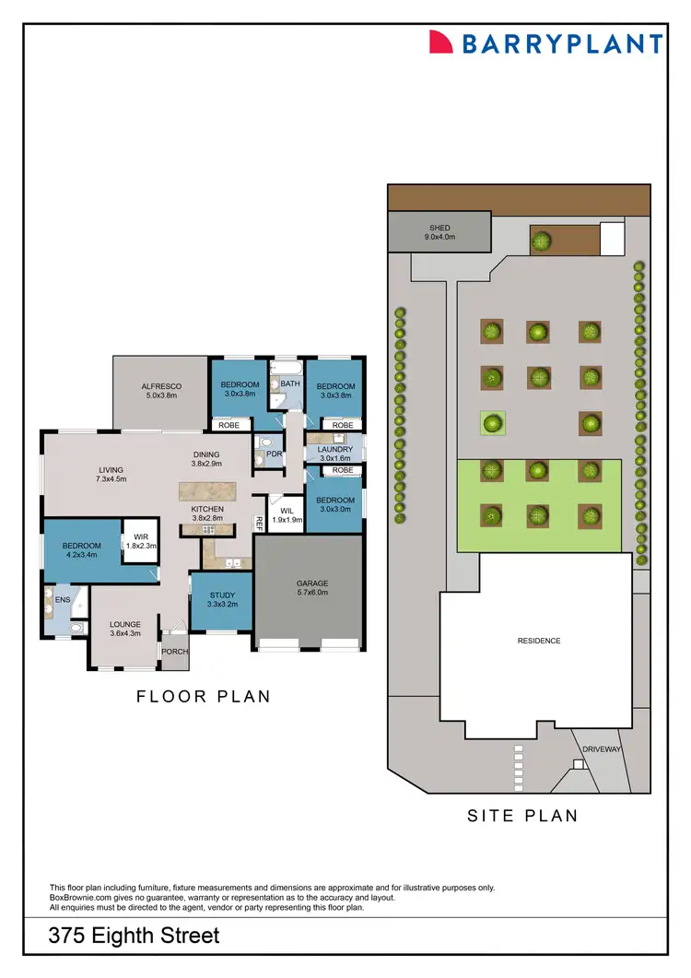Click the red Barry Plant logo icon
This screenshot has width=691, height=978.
pos(441,42)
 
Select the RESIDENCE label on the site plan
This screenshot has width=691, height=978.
pos(539,641)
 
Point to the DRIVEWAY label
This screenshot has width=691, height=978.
pos(602,749)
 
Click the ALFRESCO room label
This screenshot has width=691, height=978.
pos(160,385)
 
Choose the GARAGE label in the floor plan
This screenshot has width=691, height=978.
pos(312,583)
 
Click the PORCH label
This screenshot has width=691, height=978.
pos(174,652)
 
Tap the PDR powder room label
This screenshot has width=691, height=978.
pos(273,454)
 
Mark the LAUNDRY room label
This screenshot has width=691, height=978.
pos(336,449)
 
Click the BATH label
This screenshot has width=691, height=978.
pos(290,383)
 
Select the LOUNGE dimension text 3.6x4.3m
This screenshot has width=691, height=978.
pos(125,633)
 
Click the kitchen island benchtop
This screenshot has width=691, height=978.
pos(207,490)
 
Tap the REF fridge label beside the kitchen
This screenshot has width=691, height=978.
pos(260,523)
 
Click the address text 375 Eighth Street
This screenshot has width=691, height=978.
pos(135,937)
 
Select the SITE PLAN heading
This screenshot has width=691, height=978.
pos(522,815)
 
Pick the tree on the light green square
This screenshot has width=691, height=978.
pos(493,424)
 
